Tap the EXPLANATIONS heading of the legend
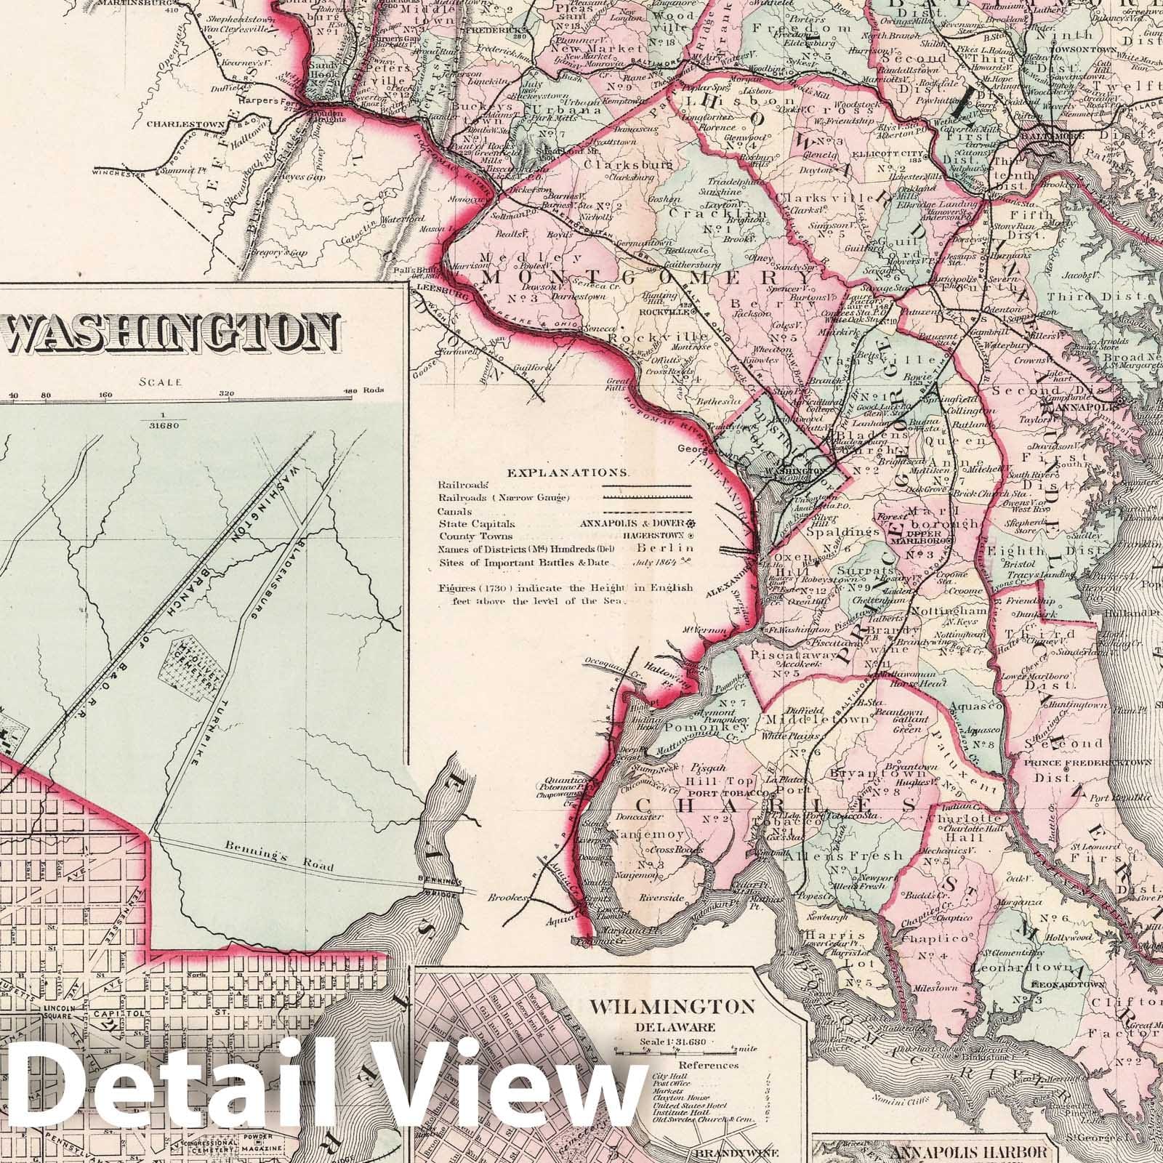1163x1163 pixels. [x=568, y=472]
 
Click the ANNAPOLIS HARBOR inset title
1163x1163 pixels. [x=989, y=1152]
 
